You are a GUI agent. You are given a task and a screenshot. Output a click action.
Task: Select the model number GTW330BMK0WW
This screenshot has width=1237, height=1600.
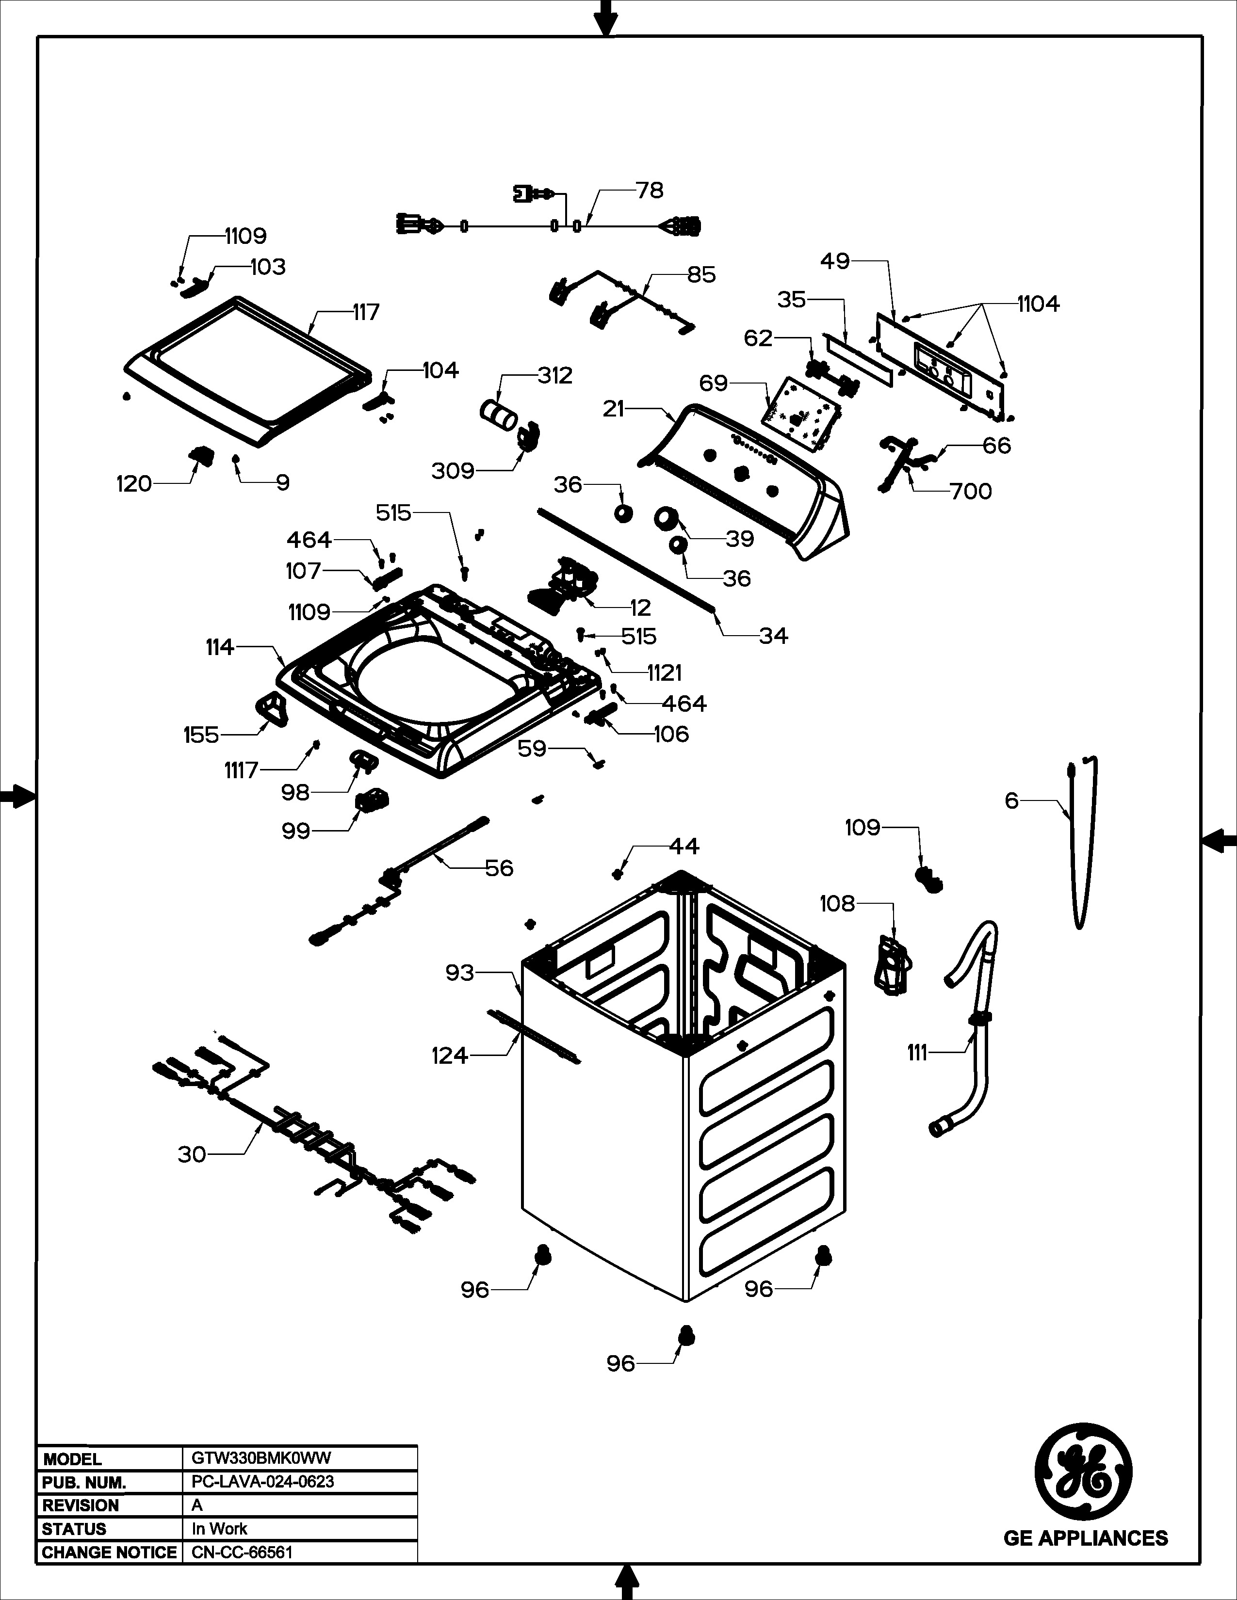[x=261, y=1458]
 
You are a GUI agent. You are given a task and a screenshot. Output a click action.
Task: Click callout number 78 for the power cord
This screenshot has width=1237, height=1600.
[x=649, y=191]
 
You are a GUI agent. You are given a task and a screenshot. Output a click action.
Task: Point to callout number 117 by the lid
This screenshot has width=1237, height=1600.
[x=366, y=312]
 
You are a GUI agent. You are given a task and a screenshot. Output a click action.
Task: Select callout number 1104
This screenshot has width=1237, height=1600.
[x=1038, y=304]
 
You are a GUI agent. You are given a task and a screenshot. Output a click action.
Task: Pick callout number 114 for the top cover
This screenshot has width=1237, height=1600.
[x=220, y=647]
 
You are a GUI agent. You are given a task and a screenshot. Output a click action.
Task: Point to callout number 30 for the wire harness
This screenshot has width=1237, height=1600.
[x=192, y=1154]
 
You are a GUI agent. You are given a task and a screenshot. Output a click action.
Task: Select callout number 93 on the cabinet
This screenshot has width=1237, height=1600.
[x=459, y=973]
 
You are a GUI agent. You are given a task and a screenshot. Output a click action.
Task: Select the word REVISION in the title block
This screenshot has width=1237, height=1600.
[x=81, y=1505]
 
